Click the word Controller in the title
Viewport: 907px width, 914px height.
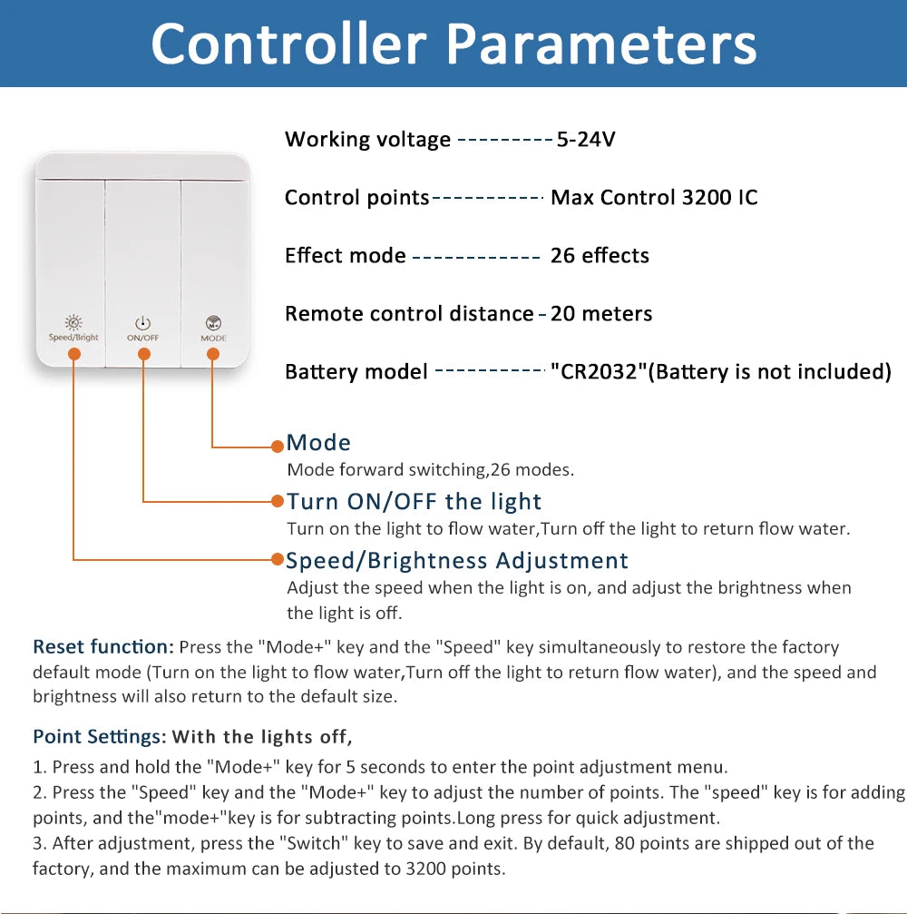(x=288, y=44)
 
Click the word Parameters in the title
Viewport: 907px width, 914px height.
(x=601, y=44)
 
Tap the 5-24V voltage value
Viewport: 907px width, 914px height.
(x=585, y=139)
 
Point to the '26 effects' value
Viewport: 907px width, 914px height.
(x=600, y=255)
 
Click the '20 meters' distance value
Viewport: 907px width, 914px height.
(x=601, y=314)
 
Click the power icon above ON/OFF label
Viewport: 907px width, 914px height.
(x=142, y=323)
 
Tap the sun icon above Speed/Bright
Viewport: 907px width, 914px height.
(x=73, y=322)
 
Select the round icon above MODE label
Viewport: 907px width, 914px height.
(x=213, y=323)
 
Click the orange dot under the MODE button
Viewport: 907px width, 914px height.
(x=213, y=354)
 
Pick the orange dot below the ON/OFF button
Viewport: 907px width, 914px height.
(x=144, y=354)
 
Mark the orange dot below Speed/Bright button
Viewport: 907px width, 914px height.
(x=74, y=354)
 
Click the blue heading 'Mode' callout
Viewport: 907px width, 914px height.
(x=318, y=443)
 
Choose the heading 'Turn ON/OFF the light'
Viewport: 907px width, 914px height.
(x=414, y=501)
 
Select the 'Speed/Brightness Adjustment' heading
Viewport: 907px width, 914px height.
(x=457, y=560)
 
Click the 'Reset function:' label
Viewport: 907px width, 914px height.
(x=103, y=646)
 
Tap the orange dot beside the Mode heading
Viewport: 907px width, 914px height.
(x=278, y=447)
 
